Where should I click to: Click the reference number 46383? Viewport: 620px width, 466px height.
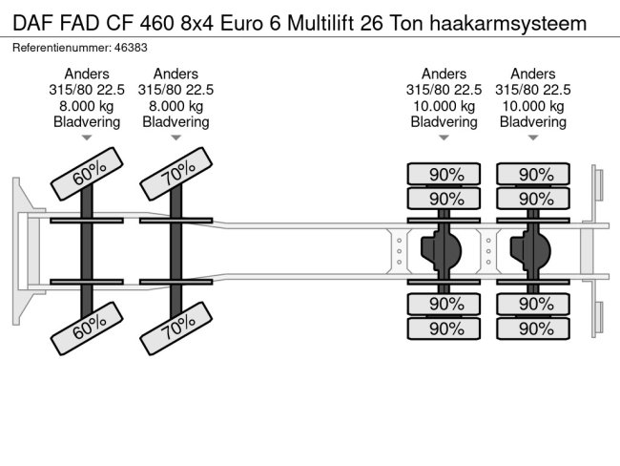[131, 48]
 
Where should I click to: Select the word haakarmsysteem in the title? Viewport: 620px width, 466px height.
[508, 24]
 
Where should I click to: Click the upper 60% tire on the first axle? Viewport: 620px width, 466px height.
[87, 174]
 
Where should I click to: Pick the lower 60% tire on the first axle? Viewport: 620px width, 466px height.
[87, 328]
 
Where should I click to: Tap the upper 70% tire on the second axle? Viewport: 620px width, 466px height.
[176, 174]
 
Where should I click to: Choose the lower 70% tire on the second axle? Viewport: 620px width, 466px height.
[176, 328]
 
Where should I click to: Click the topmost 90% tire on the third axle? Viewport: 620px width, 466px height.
[444, 174]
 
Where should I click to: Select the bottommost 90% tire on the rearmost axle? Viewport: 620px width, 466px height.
[533, 328]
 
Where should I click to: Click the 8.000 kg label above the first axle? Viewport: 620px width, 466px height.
[87, 106]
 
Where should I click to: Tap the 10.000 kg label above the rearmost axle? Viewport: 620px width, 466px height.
[533, 106]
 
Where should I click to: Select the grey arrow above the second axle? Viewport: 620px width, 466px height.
[176, 138]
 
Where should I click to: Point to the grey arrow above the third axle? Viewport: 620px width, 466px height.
[444, 138]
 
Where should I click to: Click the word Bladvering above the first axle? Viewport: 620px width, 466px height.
[87, 122]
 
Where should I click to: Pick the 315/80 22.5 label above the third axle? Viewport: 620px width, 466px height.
[444, 90]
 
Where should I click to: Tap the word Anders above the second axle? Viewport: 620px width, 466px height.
[176, 74]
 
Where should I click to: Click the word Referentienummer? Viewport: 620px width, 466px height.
[62, 48]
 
